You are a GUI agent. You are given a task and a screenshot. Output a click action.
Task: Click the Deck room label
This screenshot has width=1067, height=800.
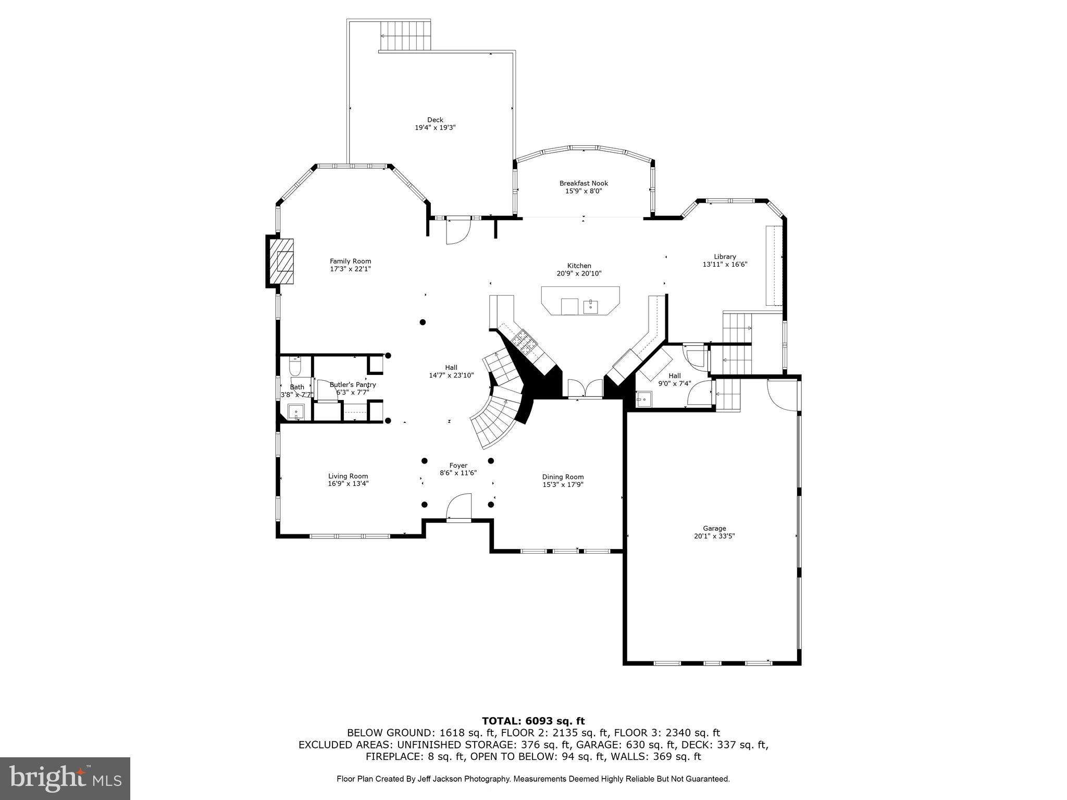point(435,120)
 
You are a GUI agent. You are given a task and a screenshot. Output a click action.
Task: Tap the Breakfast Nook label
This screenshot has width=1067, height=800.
point(584,183)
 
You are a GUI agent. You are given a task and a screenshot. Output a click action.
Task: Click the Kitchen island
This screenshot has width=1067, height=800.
point(580,301)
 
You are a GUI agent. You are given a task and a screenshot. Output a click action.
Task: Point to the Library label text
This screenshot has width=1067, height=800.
point(725,257)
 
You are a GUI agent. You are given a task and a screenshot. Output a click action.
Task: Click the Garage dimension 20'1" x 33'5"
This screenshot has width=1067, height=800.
point(714,536)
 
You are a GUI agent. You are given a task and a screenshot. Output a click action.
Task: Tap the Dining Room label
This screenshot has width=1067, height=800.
point(563,477)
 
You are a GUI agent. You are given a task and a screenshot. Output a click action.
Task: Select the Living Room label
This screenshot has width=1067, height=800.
point(348,476)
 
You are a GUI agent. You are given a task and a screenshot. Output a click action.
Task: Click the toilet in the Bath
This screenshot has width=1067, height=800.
point(295,367)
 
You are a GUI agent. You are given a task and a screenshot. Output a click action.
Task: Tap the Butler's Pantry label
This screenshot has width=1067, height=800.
point(353,385)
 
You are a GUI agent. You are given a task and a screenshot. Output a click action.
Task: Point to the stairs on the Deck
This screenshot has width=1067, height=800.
point(405,35)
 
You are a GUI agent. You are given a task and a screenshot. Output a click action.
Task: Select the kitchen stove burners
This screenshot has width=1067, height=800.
point(523,343)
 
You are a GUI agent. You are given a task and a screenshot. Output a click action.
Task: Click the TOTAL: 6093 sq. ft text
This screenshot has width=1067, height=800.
point(533,721)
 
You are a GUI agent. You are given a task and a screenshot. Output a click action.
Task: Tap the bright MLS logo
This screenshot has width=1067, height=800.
point(65,779)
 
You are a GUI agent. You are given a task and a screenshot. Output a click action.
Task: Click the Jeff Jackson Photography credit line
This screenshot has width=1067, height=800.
point(533,779)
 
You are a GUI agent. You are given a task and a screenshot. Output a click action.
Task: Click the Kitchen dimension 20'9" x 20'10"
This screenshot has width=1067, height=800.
point(579,273)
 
